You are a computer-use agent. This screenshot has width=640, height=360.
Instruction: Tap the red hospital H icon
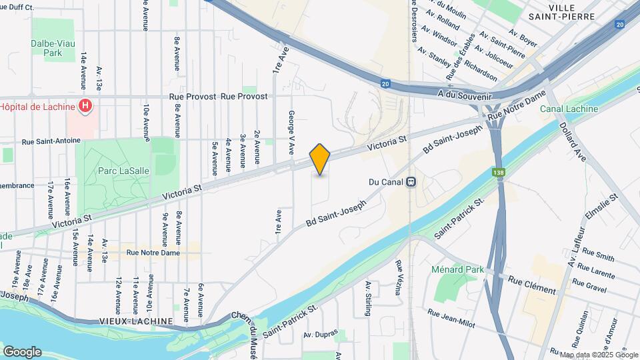coord(85,106)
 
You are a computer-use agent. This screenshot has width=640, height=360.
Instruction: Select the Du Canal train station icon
coord(412,181)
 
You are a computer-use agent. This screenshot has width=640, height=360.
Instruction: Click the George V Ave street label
coord(291,133)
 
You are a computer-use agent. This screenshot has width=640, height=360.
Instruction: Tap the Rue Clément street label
coord(531,285)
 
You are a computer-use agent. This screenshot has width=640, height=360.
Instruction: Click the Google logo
coord(22,352)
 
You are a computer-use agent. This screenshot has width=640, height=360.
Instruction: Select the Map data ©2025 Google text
coord(599,355)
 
